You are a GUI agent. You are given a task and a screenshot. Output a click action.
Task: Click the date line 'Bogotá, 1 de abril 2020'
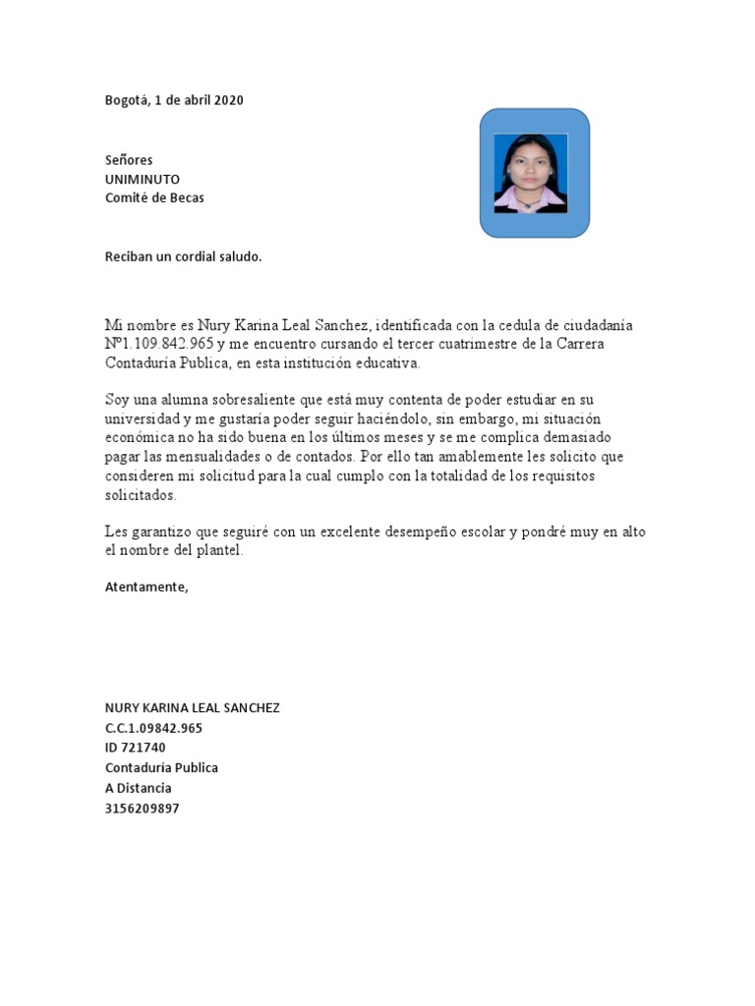[x=174, y=100]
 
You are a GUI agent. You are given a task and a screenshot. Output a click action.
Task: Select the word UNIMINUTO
[x=143, y=179]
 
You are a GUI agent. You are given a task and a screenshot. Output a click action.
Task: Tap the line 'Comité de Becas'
[x=154, y=197]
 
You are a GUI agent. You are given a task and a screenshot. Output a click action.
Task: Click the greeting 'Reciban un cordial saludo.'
[x=183, y=256]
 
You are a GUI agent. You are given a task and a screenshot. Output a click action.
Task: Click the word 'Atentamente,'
[x=145, y=587]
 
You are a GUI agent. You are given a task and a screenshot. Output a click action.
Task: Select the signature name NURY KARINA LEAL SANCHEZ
[x=192, y=708]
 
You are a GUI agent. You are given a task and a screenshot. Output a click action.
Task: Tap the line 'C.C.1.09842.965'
[x=153, y=728]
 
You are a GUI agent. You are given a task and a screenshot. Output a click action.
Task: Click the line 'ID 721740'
[x=136, y=748]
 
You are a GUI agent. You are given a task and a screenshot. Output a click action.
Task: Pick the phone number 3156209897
[x=143, y=809]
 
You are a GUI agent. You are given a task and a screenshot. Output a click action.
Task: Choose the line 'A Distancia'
[x=139, y=788]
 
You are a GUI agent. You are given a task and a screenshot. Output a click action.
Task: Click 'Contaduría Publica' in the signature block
[x=161, y=767]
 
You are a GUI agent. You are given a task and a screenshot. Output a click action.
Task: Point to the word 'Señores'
[x=129, y=159]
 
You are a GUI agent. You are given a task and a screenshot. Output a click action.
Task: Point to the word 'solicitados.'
[x=141, y=495]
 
